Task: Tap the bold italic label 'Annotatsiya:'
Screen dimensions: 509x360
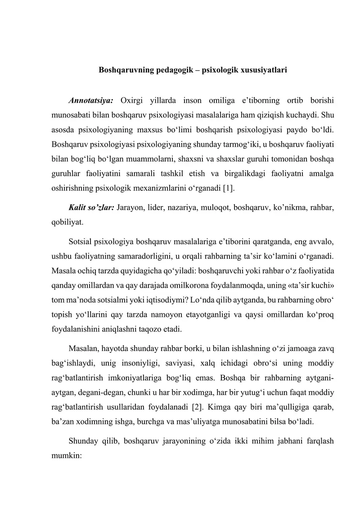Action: (91, 99)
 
